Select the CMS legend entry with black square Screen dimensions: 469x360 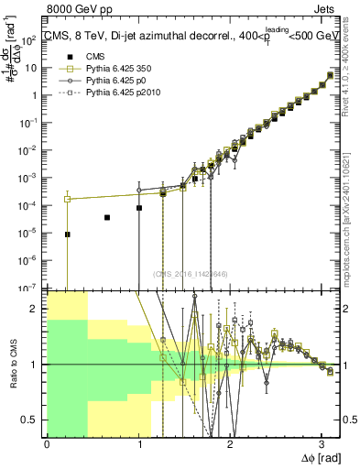pyautogui.click(x=82, y=57)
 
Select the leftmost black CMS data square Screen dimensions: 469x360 pyautogui.click(x=67, y=234)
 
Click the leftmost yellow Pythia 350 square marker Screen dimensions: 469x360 pyautogui.click(x=67, y=199)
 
